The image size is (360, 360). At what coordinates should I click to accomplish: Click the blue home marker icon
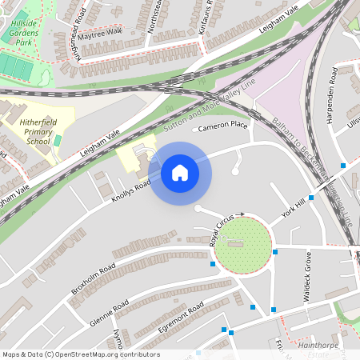(180, 172)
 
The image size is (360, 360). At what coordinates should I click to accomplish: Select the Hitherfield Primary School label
(28, 130)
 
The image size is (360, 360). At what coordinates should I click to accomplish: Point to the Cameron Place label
(223, 126)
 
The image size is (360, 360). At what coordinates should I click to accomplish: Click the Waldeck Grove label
(306, 277)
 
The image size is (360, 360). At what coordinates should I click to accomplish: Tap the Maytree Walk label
(100, 33)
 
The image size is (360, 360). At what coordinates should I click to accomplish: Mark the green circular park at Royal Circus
(242, 245)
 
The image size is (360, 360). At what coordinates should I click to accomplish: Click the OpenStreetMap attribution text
(81, 354)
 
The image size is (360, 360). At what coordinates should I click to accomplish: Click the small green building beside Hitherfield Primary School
(57, 141)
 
